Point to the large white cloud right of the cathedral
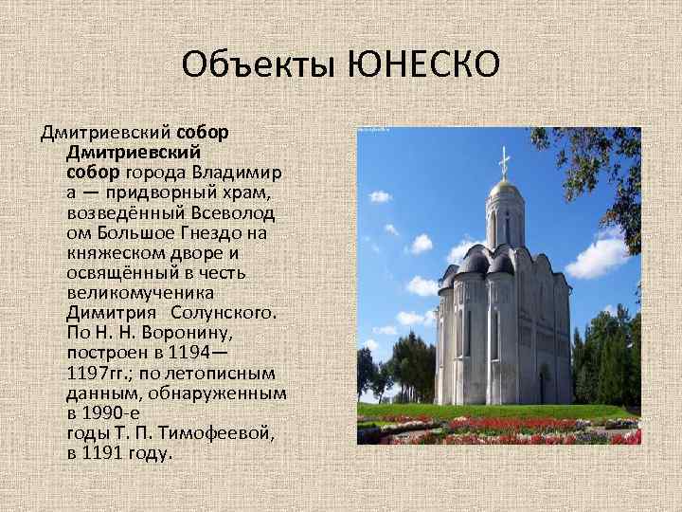pos(599,256)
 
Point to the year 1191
pos(106,452)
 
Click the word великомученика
pos(141,291)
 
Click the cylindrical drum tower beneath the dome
pos(503,223)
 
